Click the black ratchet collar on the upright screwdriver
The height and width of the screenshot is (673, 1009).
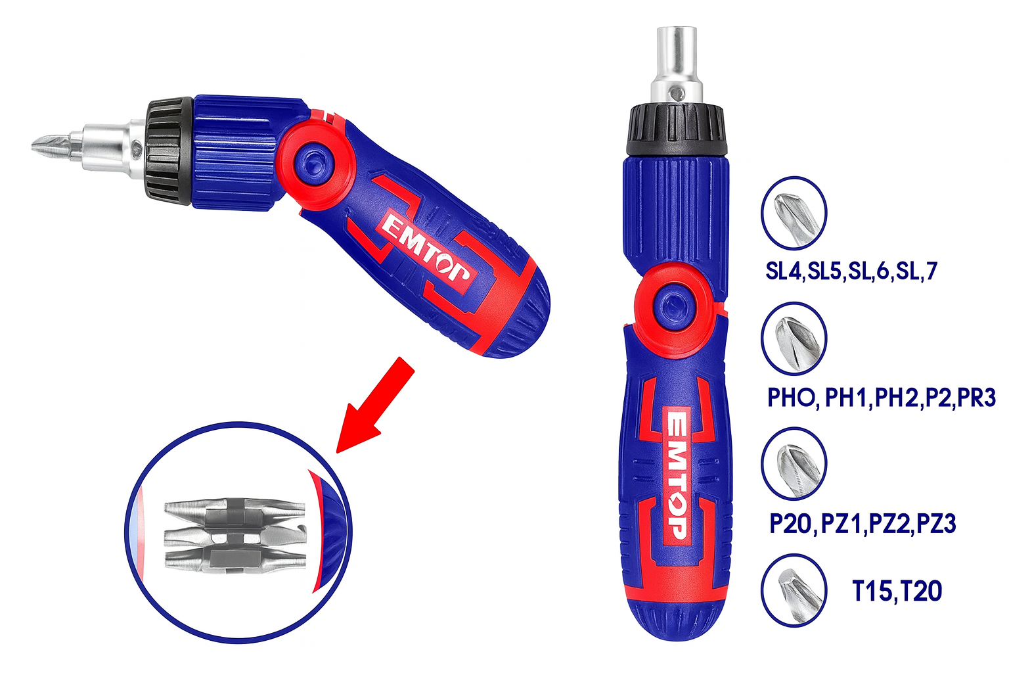(676, 129)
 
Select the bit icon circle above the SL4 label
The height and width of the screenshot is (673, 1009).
(794, 213)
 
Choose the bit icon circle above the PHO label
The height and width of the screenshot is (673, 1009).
(794, 338)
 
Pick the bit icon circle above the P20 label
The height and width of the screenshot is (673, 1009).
(794, 464)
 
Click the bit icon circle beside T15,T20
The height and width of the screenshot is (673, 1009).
(794, 590)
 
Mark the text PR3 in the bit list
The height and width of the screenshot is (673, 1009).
(977, 397)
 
